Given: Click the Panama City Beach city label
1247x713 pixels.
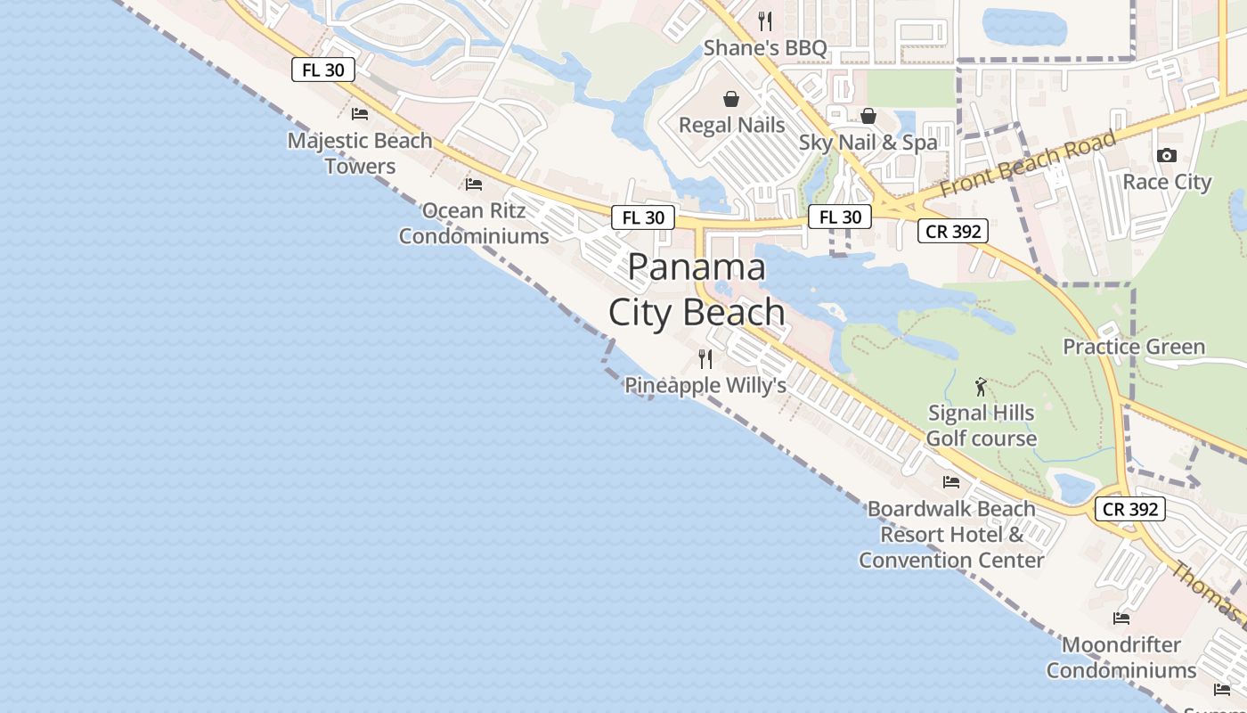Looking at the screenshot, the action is point(697,290).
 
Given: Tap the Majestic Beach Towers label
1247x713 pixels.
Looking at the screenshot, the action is point(360,152).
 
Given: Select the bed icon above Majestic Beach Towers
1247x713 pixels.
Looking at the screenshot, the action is point(360,113).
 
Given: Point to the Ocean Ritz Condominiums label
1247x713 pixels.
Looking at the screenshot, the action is point(474,223).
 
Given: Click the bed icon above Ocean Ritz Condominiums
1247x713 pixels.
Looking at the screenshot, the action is point(474,184).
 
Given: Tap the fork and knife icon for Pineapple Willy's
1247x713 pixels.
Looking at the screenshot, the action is point(705,359).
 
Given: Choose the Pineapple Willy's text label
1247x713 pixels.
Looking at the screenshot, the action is point(705,385).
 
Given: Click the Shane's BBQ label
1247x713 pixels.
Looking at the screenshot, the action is point(765,47).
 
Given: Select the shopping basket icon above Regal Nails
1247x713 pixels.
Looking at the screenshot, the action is point(731,98).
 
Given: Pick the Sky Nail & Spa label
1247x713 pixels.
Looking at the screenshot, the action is point(868,142).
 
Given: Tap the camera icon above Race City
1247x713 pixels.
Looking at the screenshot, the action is point(1166,155).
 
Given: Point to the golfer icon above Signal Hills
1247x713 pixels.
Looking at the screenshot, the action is point(981,387).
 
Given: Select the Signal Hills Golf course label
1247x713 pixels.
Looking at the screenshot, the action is point(981,425).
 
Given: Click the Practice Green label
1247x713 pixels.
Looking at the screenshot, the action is point(1133,346).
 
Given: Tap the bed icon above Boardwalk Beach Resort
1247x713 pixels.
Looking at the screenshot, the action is point(951,482).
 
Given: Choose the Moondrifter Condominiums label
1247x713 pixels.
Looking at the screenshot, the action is point(1121,657).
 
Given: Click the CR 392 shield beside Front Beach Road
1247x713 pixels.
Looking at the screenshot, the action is point(952,231).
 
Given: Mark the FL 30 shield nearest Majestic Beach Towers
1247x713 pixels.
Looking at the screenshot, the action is point(323,70).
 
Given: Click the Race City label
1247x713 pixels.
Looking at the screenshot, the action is point(1167,182).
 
